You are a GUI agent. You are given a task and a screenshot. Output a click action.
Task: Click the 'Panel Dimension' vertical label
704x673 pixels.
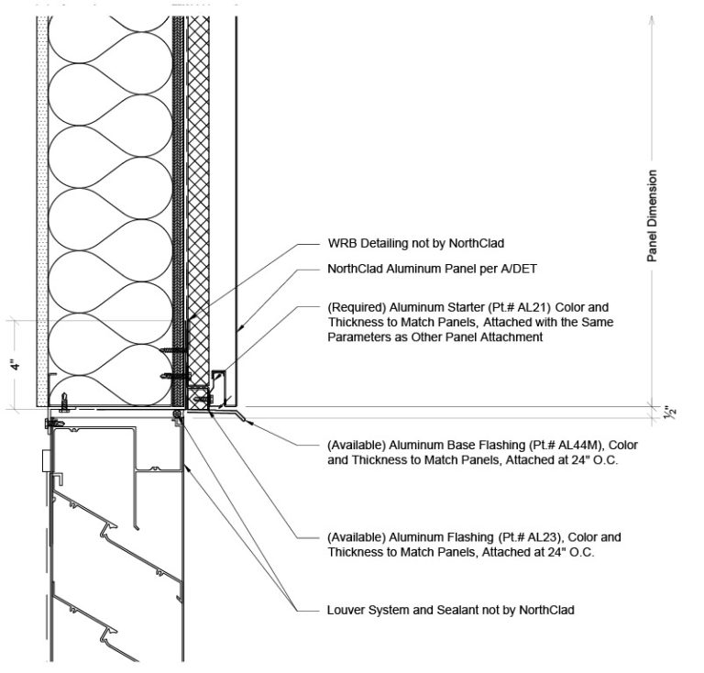click(653, 216)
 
